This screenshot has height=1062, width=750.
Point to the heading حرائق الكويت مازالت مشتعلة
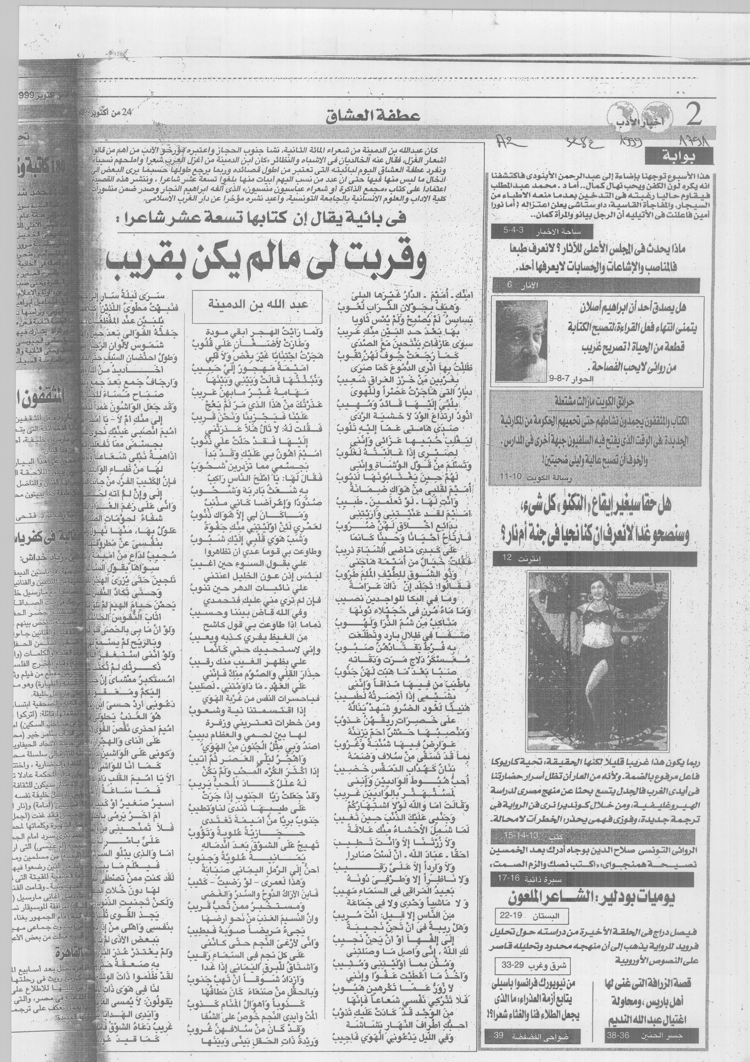[x=594, y=402]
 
